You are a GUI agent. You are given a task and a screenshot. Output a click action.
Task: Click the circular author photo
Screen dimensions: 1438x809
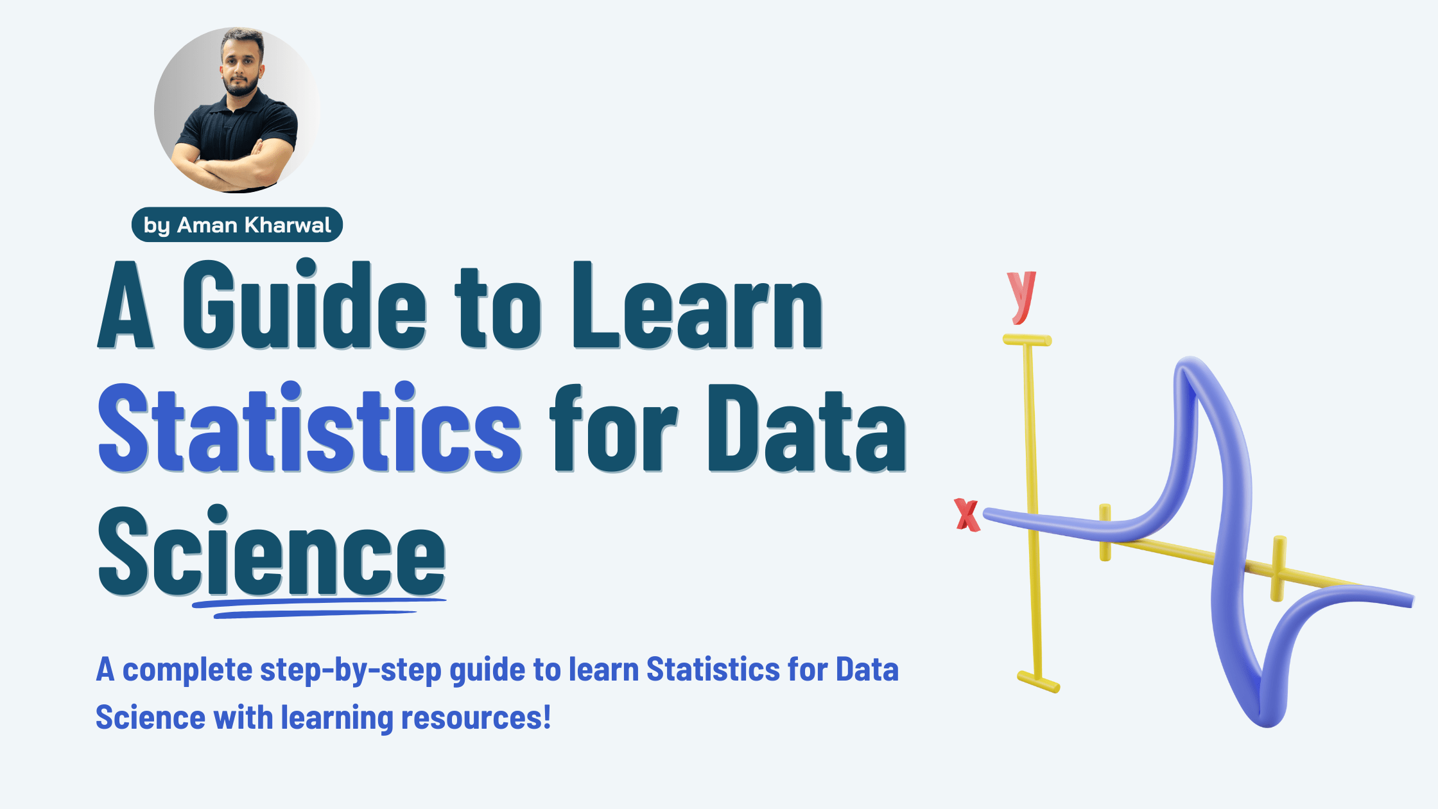tap(238, 110)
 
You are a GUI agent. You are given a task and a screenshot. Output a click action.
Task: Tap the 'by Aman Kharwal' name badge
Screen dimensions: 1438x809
tap(237, 225)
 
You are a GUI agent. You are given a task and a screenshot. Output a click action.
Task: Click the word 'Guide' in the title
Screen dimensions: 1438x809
tap(304, 304)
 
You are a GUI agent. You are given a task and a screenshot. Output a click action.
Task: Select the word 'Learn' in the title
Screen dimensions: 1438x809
tap(698, 306)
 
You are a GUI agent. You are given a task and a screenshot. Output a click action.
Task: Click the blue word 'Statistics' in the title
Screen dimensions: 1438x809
tap(309, 427)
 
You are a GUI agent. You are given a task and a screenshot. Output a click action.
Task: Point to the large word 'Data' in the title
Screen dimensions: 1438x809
tap(807, 429)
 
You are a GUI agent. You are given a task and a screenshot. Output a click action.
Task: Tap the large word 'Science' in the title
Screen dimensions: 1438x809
tap(272, 551)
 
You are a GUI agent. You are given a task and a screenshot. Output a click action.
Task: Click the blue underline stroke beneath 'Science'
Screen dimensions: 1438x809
tap(319, 607)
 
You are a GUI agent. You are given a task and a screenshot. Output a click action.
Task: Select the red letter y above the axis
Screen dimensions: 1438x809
tap(1021, 297)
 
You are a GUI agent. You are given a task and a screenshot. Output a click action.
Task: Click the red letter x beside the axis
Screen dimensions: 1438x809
tap(967, 515)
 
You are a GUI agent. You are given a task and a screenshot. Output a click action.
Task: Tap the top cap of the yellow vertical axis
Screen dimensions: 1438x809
tap(1027, 340)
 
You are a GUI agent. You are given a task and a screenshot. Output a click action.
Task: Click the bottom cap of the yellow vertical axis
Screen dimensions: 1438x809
tap(1038, 682)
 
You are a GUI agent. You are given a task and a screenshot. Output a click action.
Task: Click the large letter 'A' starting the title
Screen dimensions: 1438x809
tap(126, 306)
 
